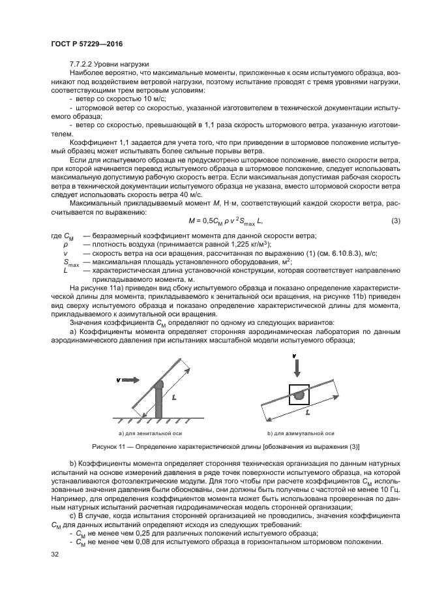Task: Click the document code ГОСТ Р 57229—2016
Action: (87, 44)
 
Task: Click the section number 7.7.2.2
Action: (82, 64)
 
